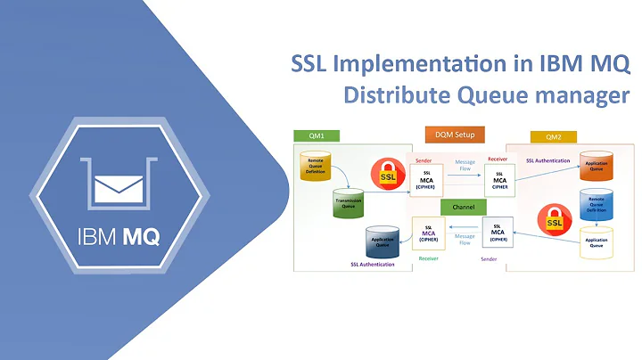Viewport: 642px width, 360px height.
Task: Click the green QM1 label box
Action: point(316,136)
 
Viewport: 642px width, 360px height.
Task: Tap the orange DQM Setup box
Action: point(455,134)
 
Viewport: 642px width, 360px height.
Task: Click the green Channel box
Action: point(462,206)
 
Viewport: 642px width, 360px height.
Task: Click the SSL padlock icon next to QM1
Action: point(386,174)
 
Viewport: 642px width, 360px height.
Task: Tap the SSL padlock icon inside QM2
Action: point(555,217)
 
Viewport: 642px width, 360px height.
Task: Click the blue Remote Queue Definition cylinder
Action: point(597,203)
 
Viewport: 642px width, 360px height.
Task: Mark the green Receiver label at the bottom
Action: point(428,259)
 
